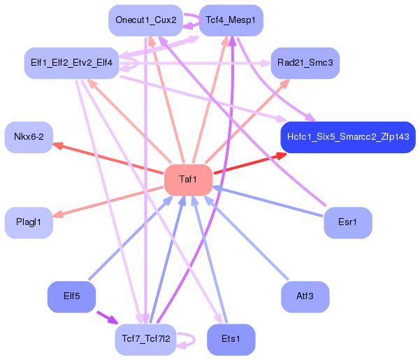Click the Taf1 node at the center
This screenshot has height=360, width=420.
[188, 180]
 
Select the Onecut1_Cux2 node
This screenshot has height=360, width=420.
[146, 20]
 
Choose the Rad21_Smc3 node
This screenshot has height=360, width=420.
[305, 63]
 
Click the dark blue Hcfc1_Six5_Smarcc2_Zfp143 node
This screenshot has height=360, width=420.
[348, 136]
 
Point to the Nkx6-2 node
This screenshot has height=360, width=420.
[29, 137]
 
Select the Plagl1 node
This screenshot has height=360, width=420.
[29, 222]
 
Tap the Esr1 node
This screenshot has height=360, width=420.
[347, 222]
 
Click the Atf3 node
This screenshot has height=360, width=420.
[305, 296]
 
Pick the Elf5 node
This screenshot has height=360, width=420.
[71, 296]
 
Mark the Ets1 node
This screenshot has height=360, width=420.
[231, 339]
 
